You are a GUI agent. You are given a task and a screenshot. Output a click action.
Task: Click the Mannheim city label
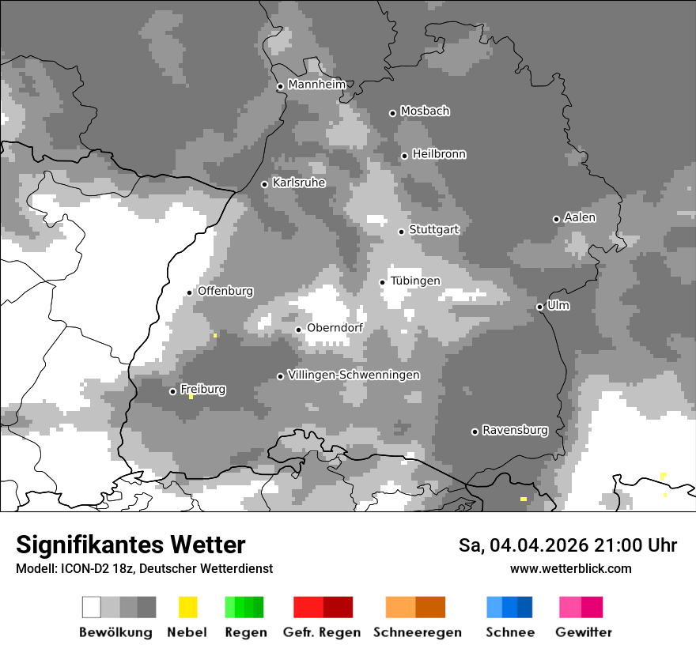click(x=317, y=85)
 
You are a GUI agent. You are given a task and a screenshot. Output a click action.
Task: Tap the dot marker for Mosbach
click(x=392, y=113)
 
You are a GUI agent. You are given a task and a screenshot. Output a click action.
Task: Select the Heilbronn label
click(x=439, y=154)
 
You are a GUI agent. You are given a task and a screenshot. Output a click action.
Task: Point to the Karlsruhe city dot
click(x=265, y=184)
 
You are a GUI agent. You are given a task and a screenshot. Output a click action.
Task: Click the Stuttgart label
click(x=433, y=230)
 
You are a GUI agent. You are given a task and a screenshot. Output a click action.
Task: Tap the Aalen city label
click(x=580, y=217)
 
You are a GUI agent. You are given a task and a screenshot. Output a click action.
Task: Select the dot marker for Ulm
click(x=539, y=307)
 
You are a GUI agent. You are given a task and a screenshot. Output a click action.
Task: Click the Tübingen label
click(x=415, y=281)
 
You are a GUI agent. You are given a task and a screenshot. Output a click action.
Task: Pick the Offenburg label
click(x=225, y=291)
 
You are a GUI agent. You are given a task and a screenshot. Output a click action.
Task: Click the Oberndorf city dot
click(x=298, y=330)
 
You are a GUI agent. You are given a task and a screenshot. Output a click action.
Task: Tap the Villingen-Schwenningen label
click(x=354, y=375)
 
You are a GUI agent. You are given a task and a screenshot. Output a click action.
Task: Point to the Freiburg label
click(x=202, y=389)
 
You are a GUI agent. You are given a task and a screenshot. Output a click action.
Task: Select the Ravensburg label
click(x=515, y=430)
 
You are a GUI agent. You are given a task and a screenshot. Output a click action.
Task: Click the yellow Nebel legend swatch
click(x=187, y=607)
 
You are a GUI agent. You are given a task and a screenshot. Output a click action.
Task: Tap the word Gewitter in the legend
click(x=583, y=632)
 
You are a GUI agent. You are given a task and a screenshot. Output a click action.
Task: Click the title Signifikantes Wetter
click(x=130, y=545)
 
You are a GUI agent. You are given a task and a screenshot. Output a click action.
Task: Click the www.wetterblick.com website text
click(x=570, y=568)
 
